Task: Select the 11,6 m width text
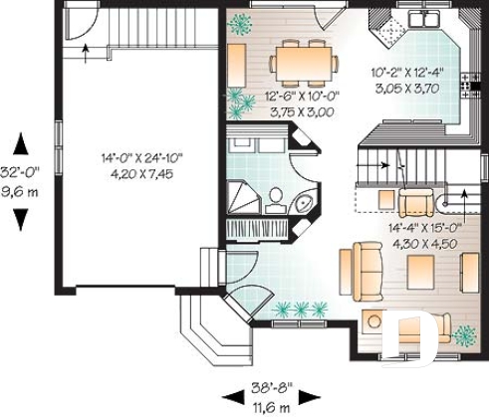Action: point(270,407)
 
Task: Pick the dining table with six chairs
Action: point(303,63)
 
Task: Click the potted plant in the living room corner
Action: point(463,334)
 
